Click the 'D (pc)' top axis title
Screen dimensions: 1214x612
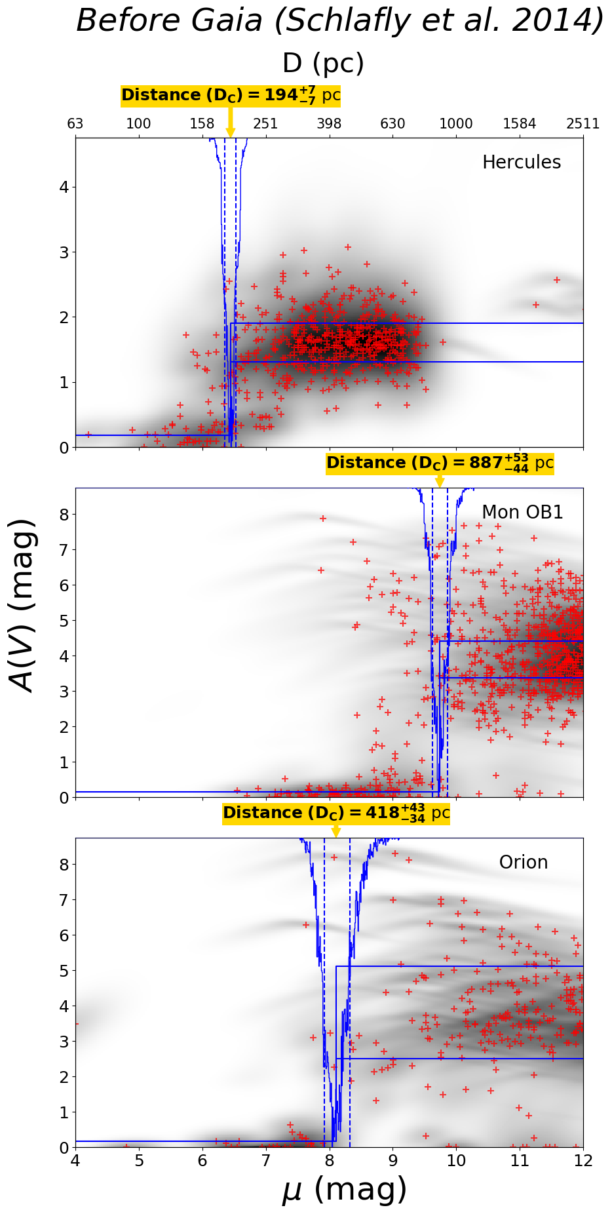coord(323,64)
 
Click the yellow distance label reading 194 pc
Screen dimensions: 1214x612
coord(231,96)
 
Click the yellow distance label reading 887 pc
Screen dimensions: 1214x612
coord(440,463)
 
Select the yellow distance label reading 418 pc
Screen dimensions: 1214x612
coord(336,813)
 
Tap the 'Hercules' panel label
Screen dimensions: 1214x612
coord(521,163)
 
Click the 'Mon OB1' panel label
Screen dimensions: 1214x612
coord(522,513)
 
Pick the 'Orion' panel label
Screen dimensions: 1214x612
coord(523,863)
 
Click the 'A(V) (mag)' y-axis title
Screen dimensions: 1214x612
coord(24,606)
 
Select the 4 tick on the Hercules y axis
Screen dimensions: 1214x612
coord(64,187)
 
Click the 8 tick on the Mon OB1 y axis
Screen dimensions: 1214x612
coord(64,515)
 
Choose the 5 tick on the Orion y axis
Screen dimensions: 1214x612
coord(64,971)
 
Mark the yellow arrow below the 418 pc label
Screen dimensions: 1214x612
coord(336,831)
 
